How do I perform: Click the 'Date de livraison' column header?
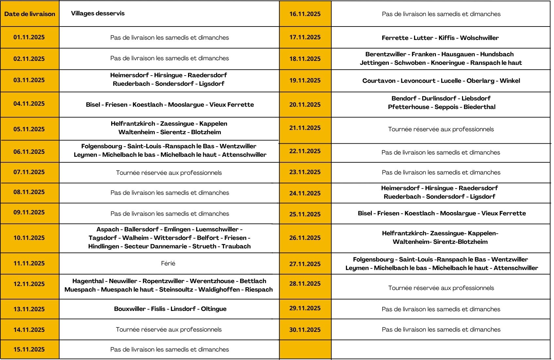(x=29, y=14)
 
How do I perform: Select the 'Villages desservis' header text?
(x=98, y=13)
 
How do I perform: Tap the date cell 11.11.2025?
(x=29, y=263)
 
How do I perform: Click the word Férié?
(x=168, y=263)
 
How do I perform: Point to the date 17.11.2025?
(x=305, y=37)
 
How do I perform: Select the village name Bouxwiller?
(x=130, y=309)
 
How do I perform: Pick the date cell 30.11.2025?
(x=305, y=330)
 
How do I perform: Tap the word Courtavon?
(x=379, y=81)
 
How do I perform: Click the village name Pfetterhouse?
(x=408, y=107)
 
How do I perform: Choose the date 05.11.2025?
(x=29, y=129)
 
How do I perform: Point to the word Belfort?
(x=208, y=238)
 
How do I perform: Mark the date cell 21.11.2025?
(x=305, y=128)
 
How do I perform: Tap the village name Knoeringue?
(x=448, y=63)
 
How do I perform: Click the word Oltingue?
(x=214, y=309)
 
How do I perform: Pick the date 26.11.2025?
(x=305, y=238)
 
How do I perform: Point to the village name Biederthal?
(x=479, y=107)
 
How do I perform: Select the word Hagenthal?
(x=88, y=281)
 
